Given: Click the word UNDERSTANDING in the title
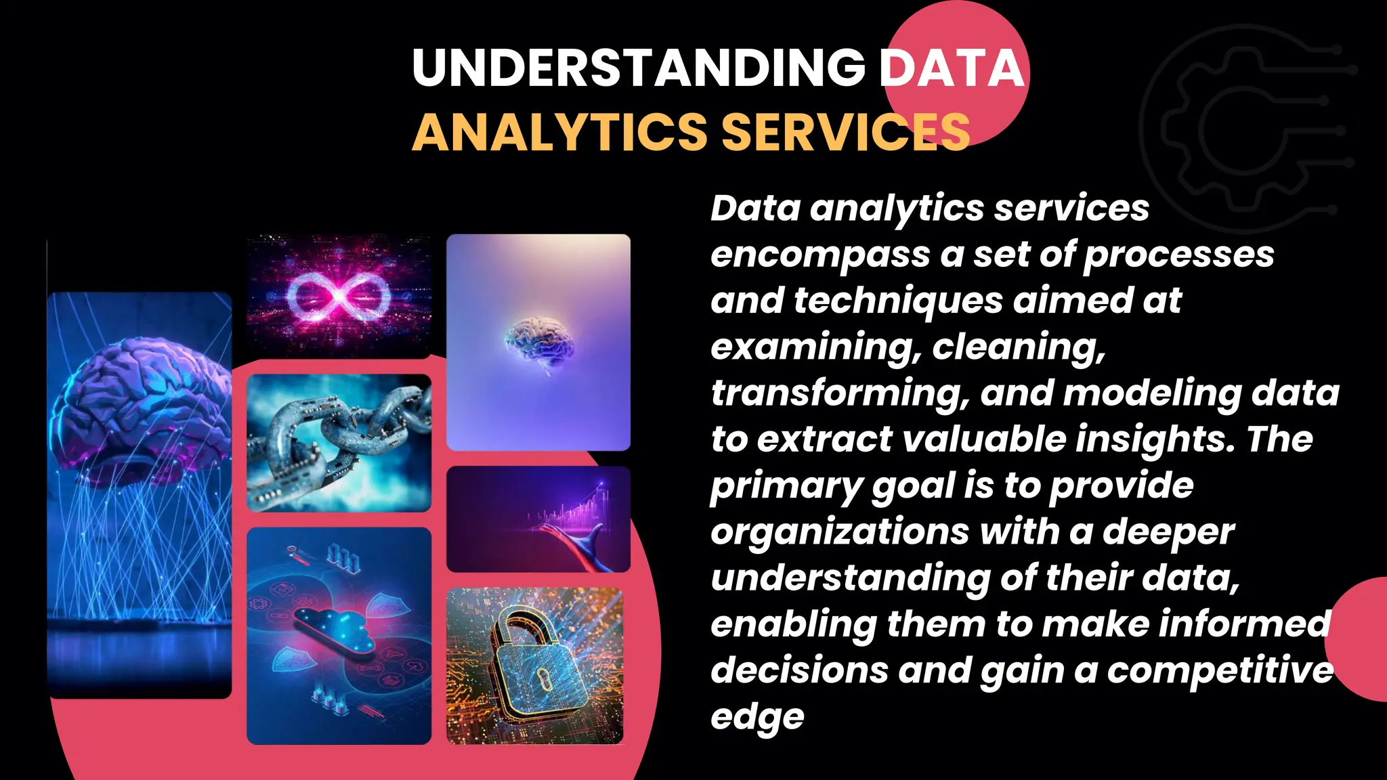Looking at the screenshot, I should (638, 68).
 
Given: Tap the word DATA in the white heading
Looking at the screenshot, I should (952, 68).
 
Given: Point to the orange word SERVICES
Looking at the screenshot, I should (846, 132).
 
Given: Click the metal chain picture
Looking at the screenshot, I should (339, 443).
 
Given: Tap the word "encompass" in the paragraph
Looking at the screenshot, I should (819, 255).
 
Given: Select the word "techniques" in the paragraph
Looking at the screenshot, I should (898, 301).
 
